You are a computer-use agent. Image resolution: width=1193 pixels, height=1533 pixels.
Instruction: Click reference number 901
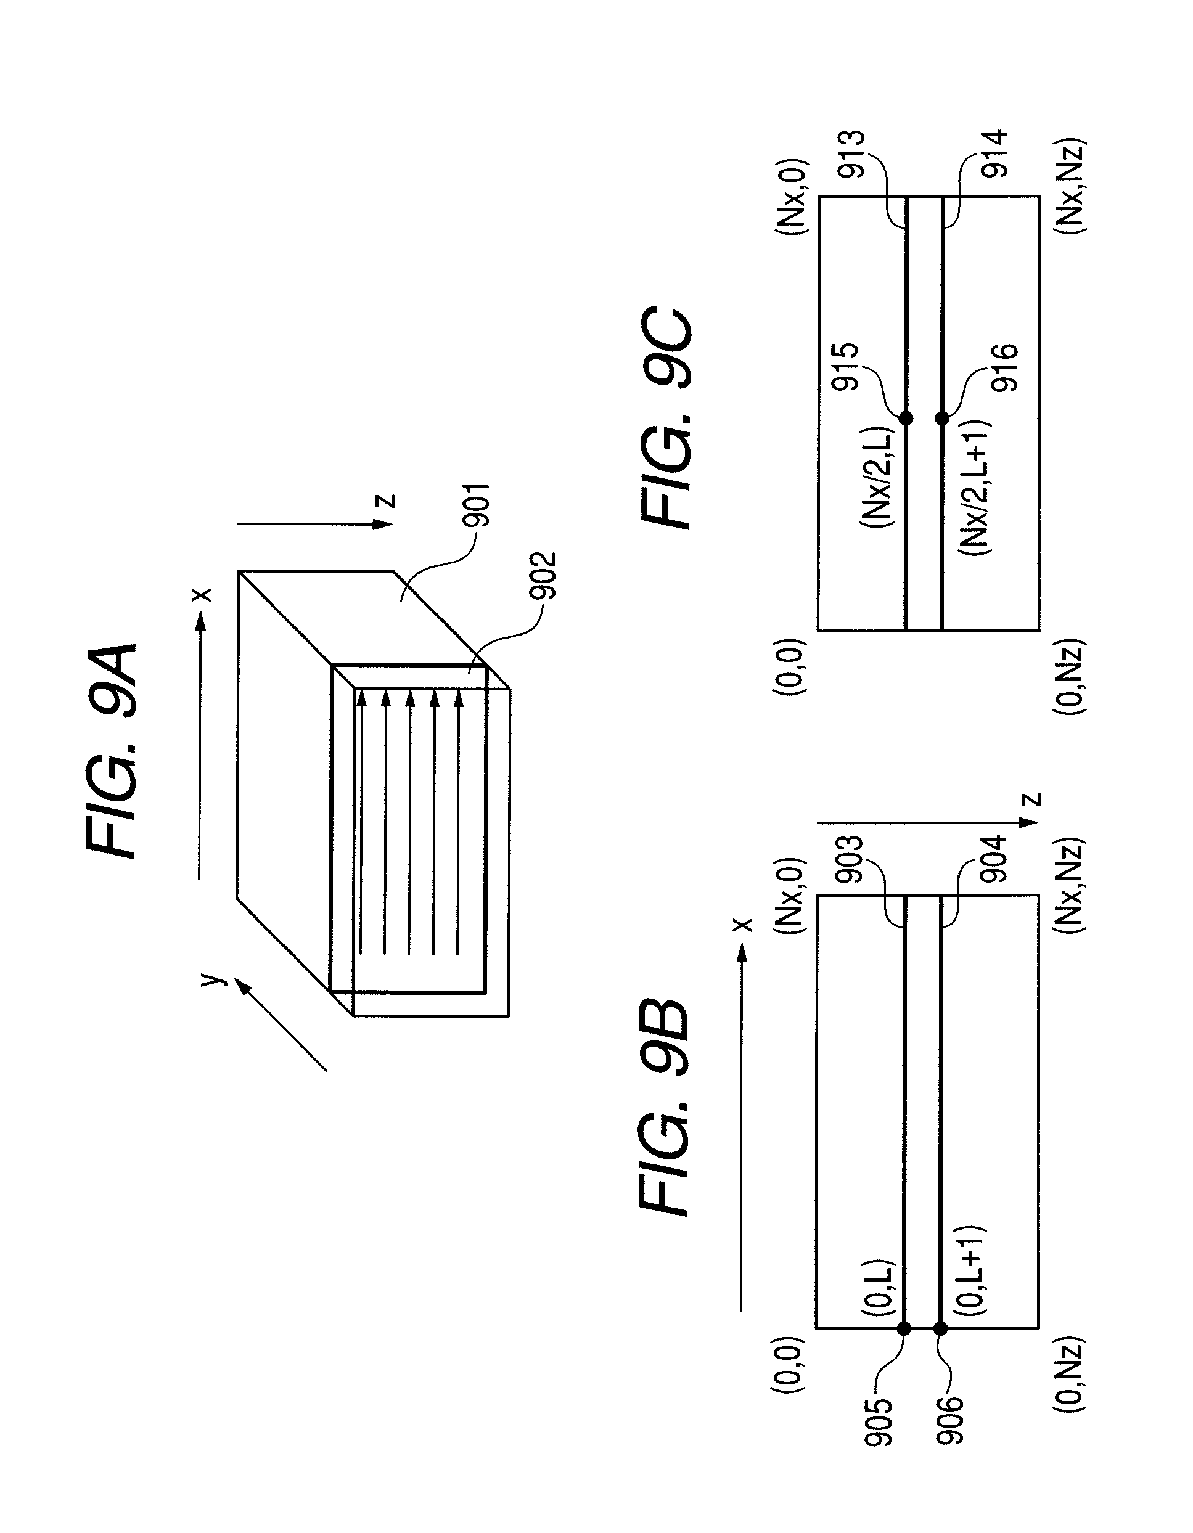476,505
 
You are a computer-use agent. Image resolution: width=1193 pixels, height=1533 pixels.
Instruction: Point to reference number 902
543,576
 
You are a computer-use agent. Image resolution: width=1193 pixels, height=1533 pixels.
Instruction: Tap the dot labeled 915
906,419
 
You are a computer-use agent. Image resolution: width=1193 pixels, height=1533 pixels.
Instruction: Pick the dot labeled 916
942,419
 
